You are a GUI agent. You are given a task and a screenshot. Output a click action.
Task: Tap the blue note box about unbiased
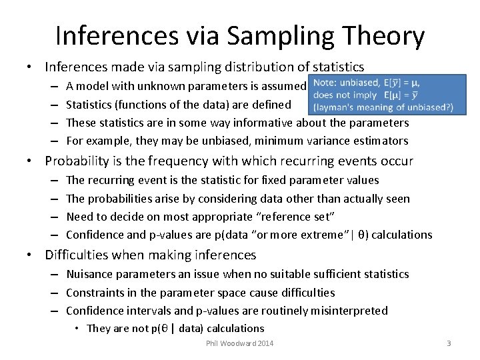(x=381, y=96)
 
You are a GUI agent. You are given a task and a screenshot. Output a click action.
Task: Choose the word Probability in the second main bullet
(x=81, y=161)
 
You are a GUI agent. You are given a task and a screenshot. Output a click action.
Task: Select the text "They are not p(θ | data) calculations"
(x=175, y=328)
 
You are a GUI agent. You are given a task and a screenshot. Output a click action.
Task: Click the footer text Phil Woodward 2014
(x=240, y=343)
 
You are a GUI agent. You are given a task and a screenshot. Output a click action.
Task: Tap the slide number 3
(x=449, y=343)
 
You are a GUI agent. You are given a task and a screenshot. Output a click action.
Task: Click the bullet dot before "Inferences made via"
(x=30, y=67)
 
